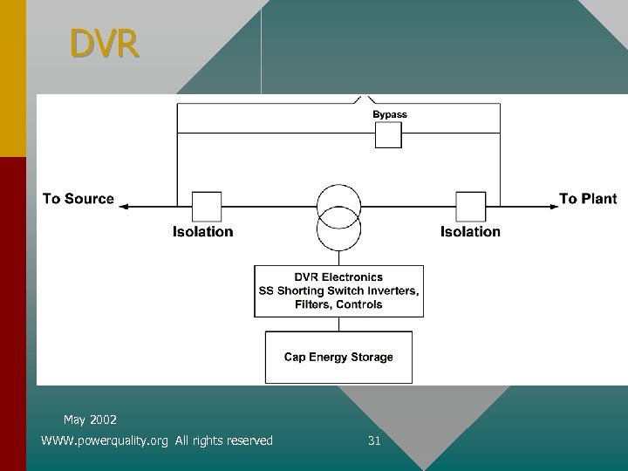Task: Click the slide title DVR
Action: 104,44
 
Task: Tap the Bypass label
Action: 389,114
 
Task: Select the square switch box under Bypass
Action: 388,135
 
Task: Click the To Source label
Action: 78,199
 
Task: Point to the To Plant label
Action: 587,199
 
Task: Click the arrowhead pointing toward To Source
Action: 123,207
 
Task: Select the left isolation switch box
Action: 207,207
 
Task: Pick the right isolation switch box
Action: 471,207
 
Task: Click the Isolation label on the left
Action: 203,232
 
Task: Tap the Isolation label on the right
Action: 470,232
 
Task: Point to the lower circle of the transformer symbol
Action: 338,232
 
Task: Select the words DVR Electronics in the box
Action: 338,277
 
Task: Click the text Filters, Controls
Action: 338,304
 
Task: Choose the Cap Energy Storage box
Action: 338,357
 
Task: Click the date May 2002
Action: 90,420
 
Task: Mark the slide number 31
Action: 374,440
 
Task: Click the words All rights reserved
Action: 224,440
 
